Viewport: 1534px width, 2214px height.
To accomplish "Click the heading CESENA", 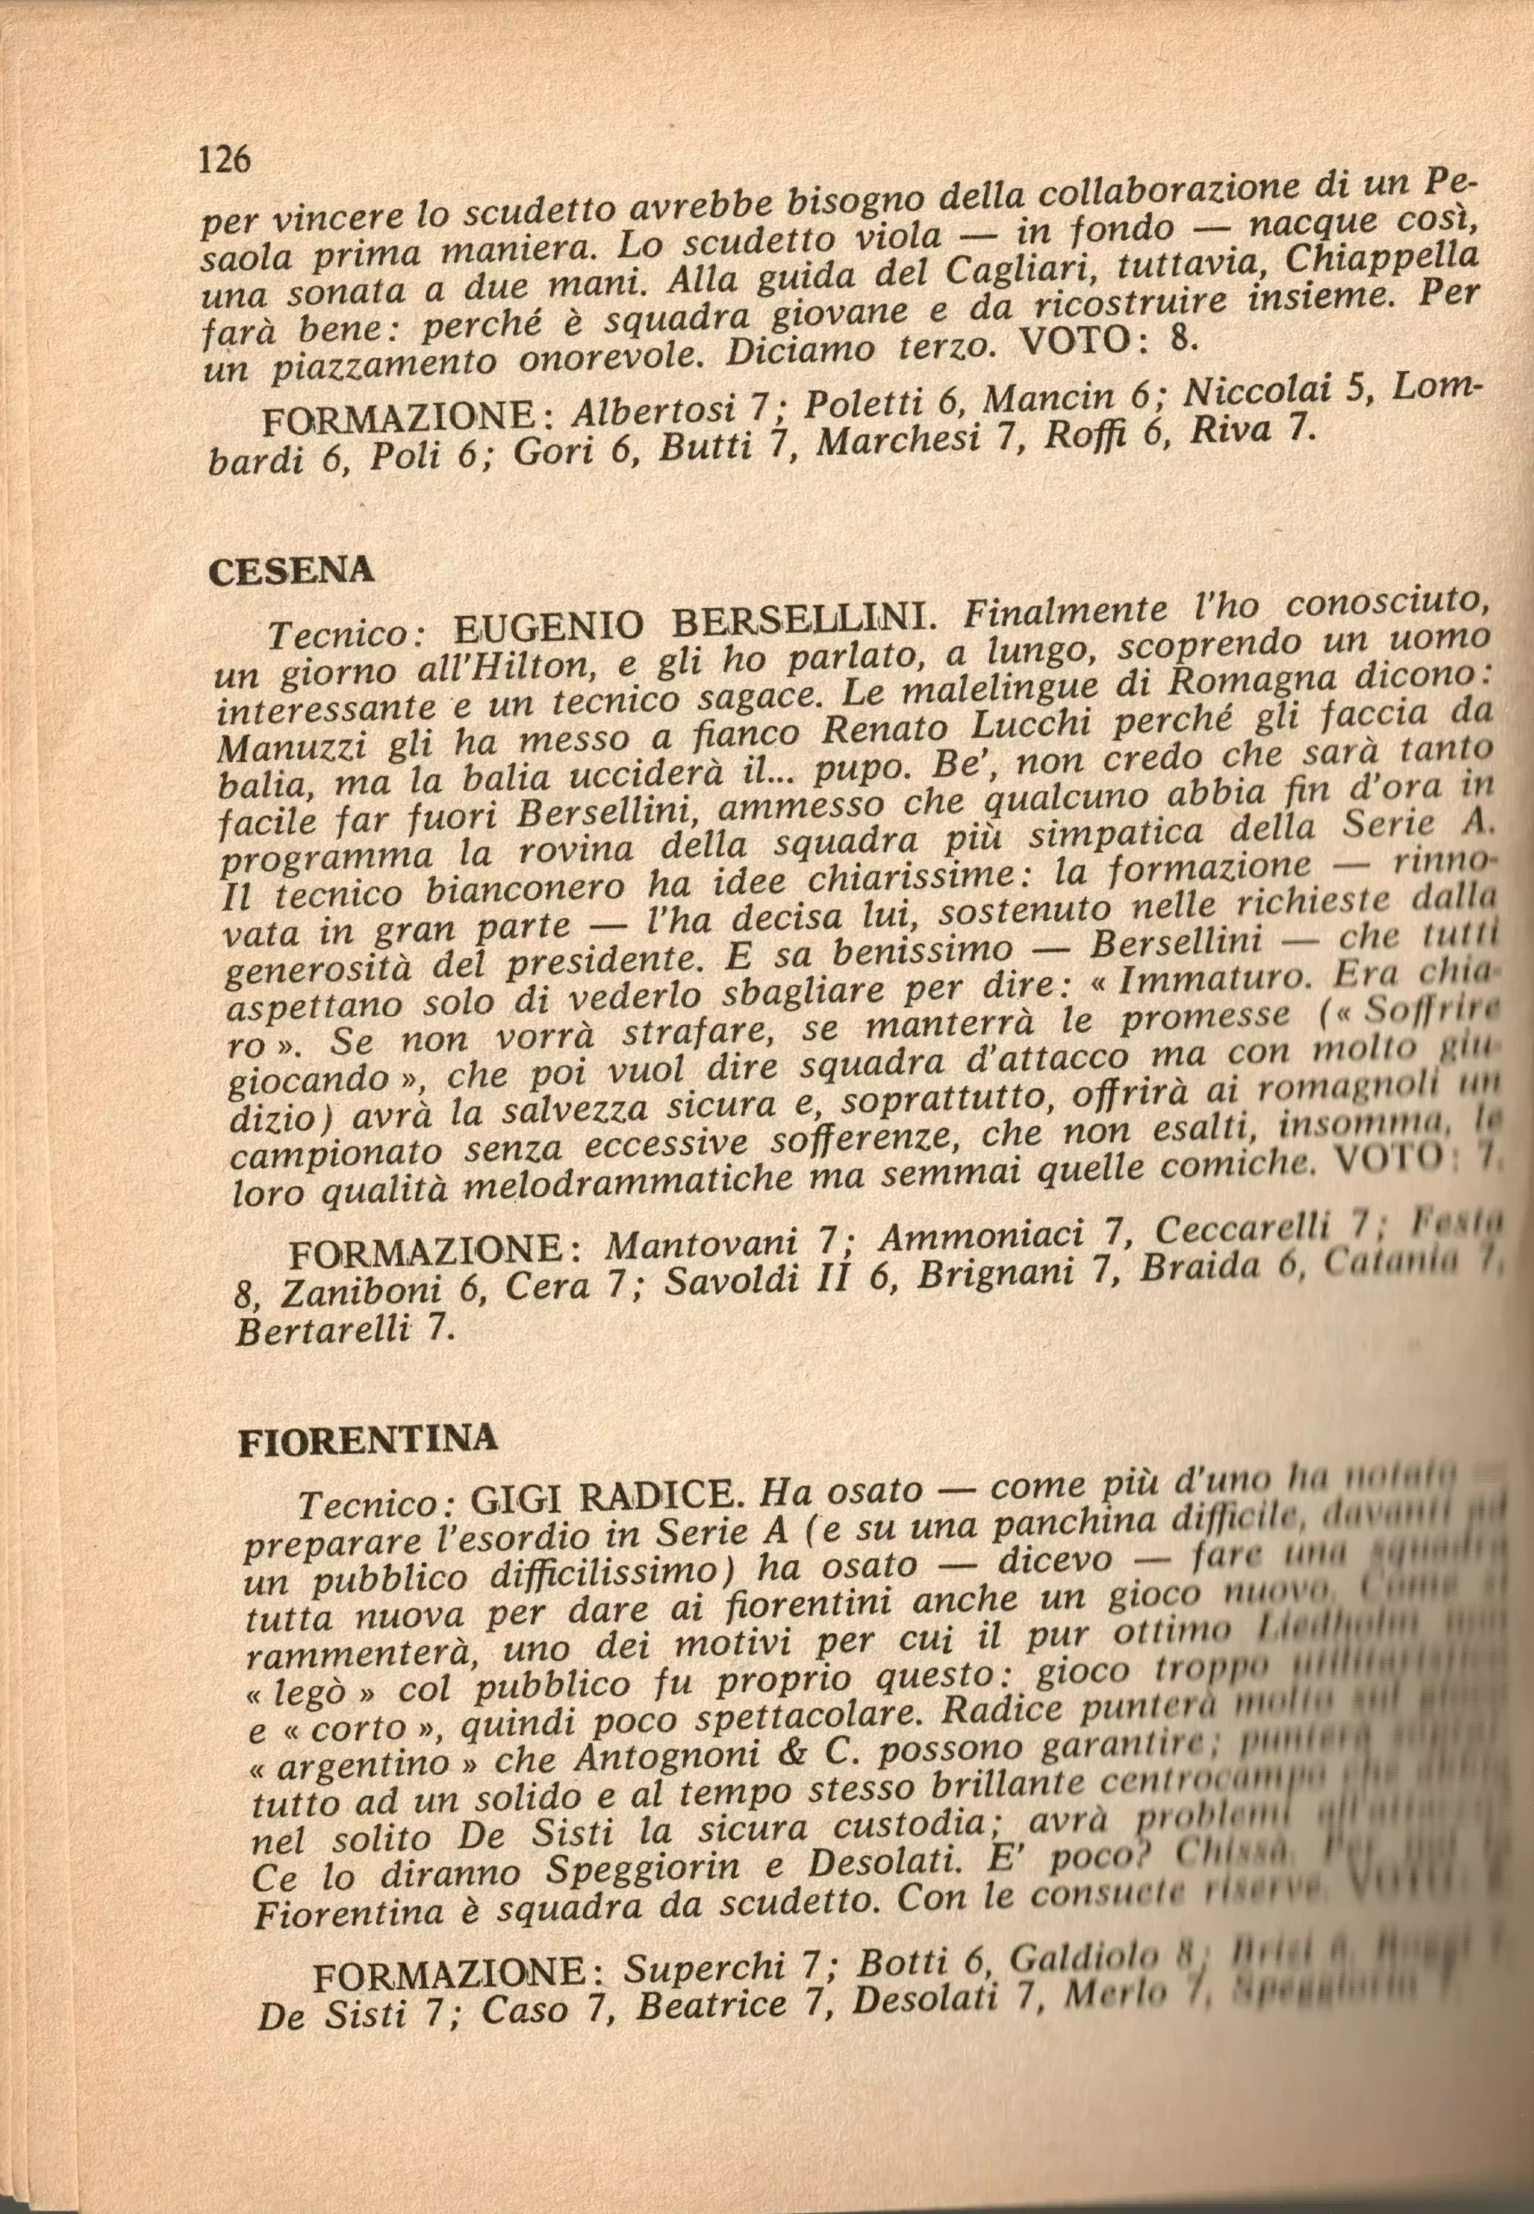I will [291, 571].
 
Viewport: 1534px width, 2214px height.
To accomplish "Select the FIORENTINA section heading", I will [368, 1439].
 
